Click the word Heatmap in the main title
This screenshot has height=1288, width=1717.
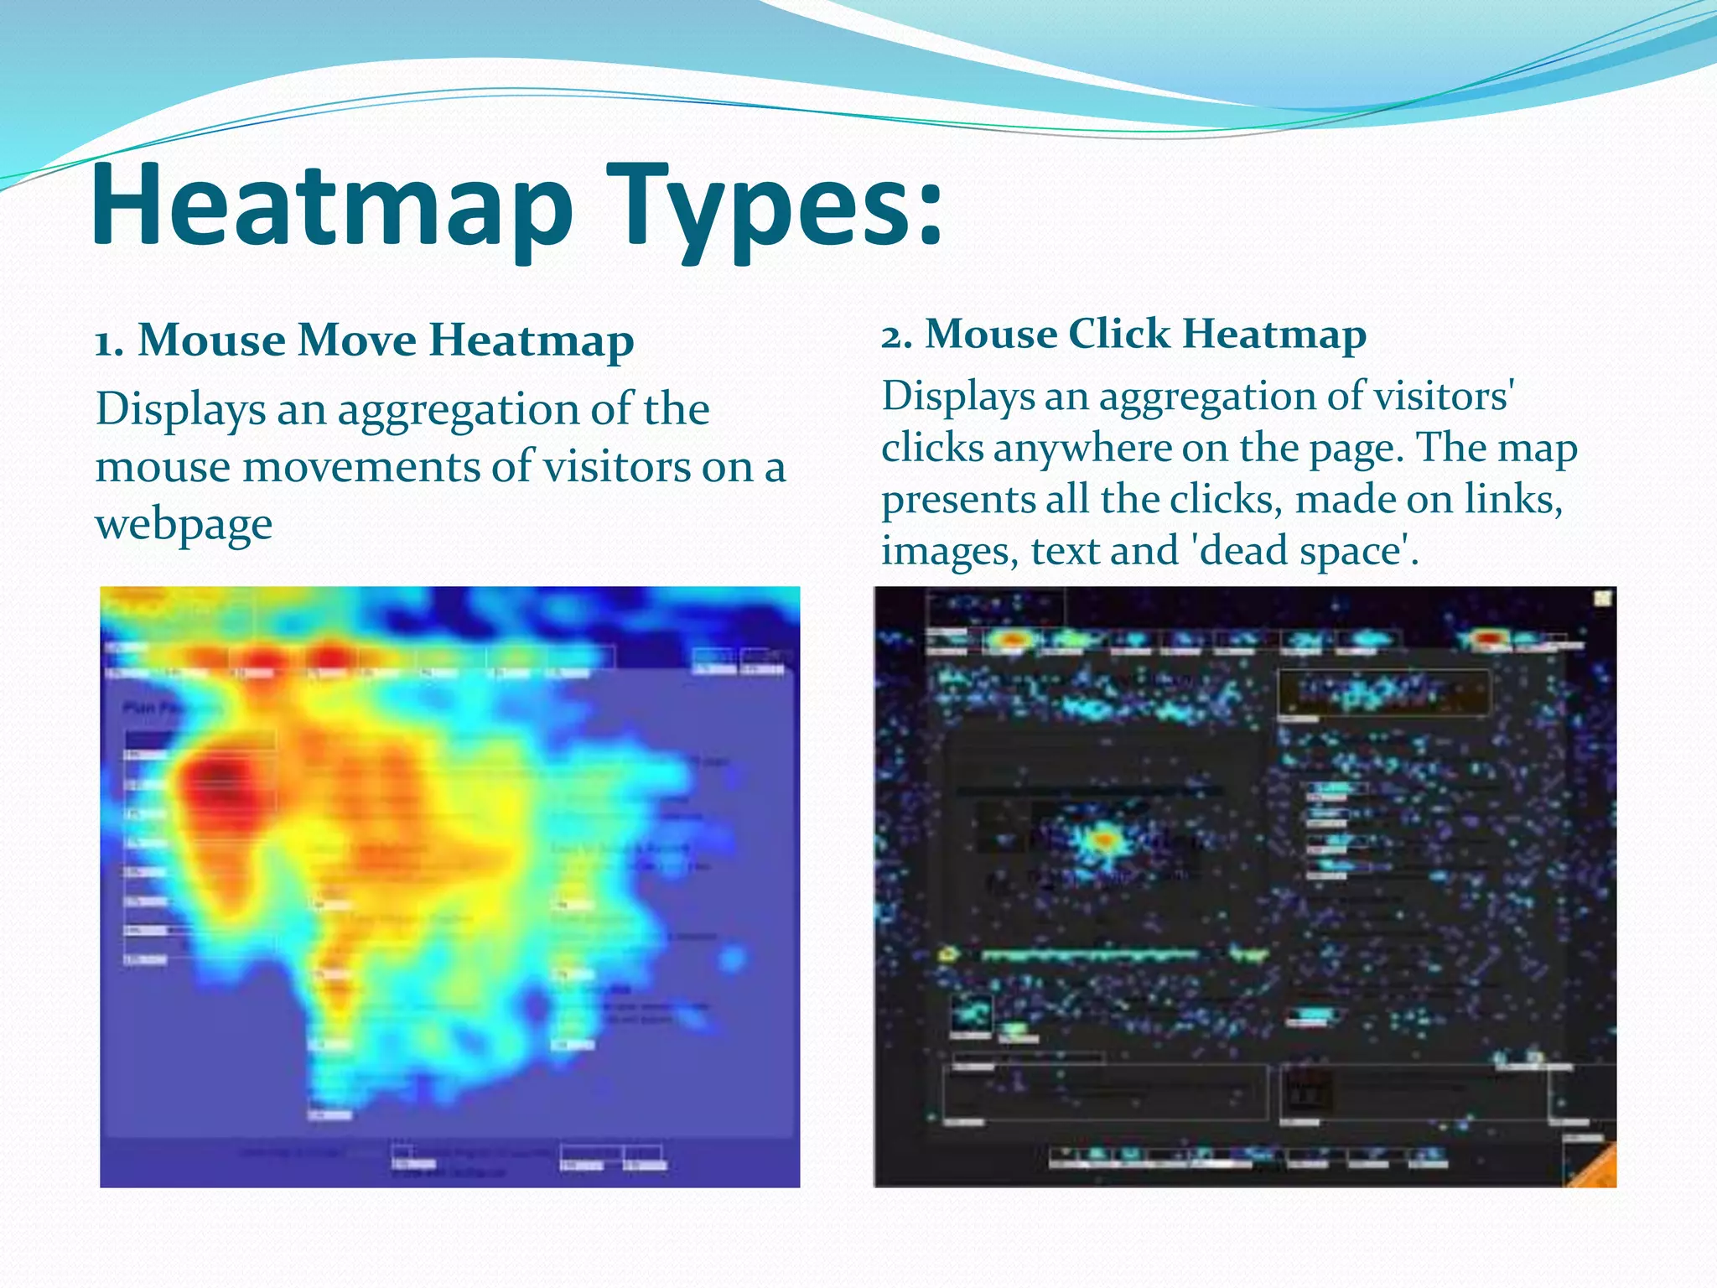pyautogui.click(x=331, y=205)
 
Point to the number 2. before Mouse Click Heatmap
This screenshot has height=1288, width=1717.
pyautogui.click(x=896, y=335)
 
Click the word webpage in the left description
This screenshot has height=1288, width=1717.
pyautogui.click(x=184, y=526)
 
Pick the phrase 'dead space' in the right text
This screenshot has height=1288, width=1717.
pyautogui.click(x=1300, y=551)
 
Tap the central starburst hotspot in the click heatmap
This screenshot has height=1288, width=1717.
pyautogui.click(x=1105, y=839)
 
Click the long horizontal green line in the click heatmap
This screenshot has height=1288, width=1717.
pyautogui.click(x=1090, y=954)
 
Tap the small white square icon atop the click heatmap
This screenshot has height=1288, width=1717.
pyautogui.click(x=1602, y=598)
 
